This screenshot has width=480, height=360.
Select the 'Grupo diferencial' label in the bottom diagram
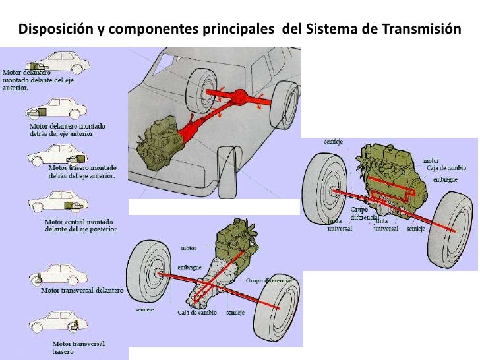pos(268,280)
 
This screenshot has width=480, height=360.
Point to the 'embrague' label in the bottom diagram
pos(189,268)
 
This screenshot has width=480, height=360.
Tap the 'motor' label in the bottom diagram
pos(188,249)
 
